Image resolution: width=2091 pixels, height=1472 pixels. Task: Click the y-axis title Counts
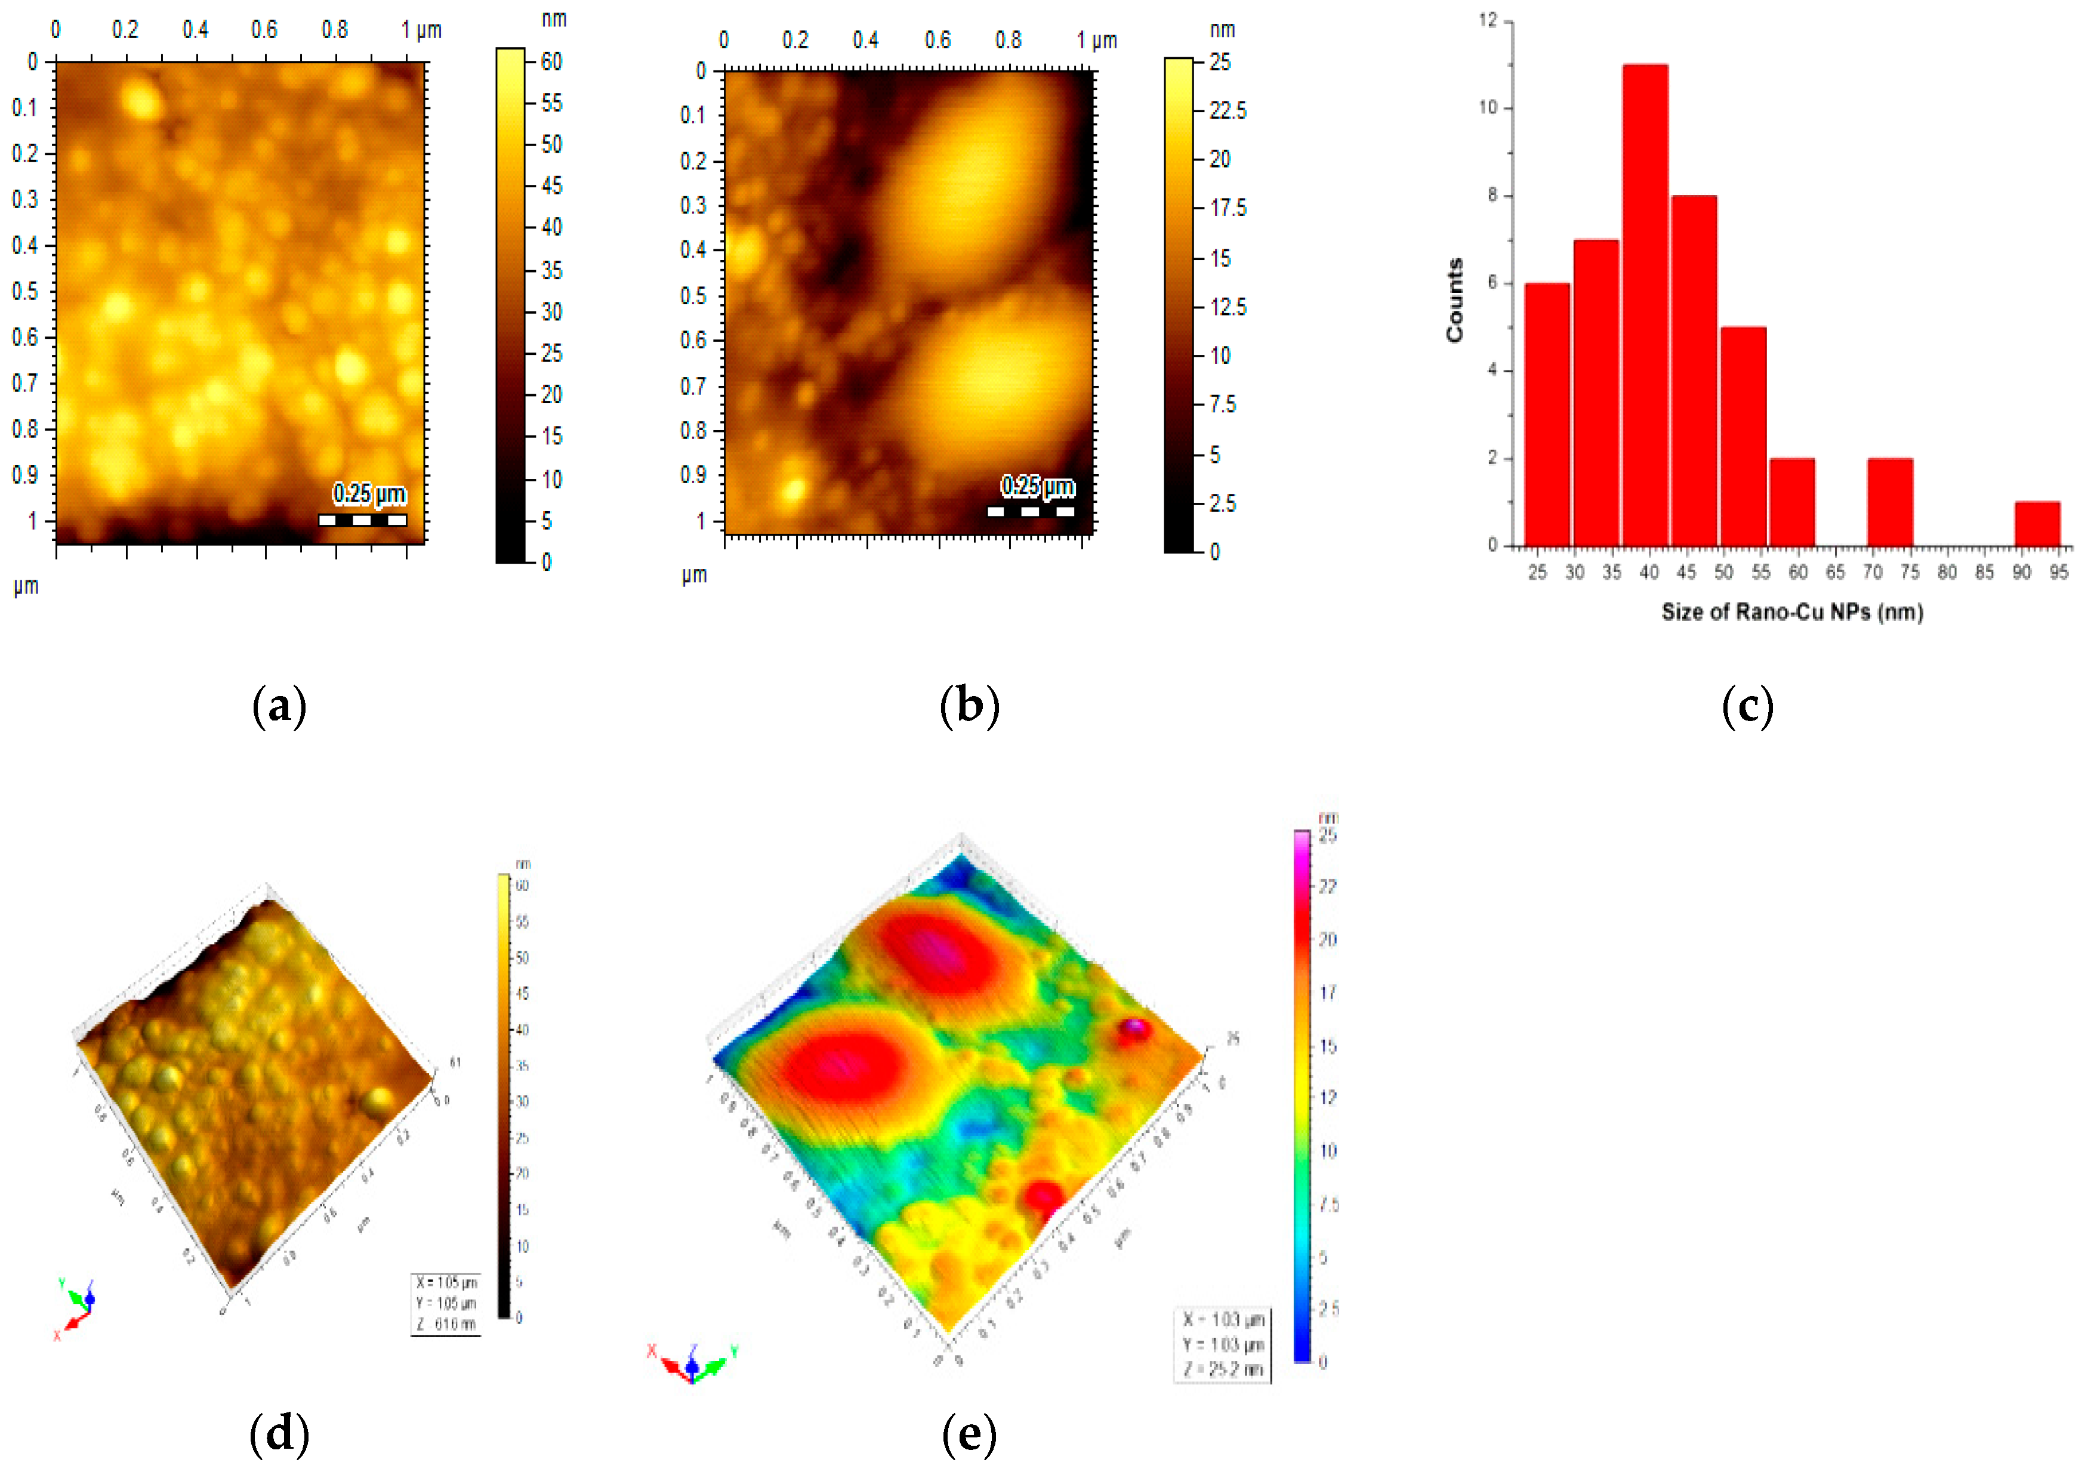click(1454, 301)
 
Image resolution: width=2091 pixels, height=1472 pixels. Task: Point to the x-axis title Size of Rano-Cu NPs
click(1791, 612)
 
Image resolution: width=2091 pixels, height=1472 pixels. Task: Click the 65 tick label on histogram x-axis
click(1834, 572)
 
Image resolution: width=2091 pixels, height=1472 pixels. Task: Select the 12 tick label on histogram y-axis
click(1488, 20)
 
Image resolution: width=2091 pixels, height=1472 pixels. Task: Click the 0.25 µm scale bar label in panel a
click(369, 493)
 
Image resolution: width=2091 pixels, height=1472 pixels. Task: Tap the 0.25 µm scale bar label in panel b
click(1037, 486)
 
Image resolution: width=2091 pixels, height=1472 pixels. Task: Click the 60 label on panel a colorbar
click(551, 61)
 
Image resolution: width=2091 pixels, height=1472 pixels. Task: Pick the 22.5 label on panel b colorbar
click(1228, 111)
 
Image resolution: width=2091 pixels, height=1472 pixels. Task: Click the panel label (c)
click(1747, 706)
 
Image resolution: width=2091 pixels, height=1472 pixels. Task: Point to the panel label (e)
click(969, 1433)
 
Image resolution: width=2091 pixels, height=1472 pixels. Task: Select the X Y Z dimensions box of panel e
click(1222, 1344)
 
